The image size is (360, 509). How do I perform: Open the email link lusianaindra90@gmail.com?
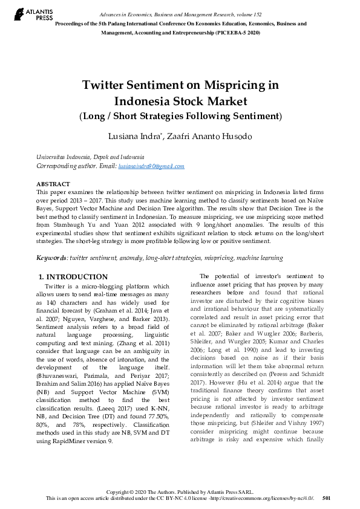pos(151,166)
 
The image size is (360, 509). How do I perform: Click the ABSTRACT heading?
pos(53,184)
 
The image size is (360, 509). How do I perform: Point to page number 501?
pos(327,498)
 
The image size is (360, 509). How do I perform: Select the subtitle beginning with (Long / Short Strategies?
pos(180,115)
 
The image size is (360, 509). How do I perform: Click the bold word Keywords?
pos(51,258)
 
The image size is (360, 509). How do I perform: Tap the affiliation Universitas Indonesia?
pos(67,157)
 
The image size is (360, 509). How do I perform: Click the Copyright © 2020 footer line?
pos(180,491)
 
